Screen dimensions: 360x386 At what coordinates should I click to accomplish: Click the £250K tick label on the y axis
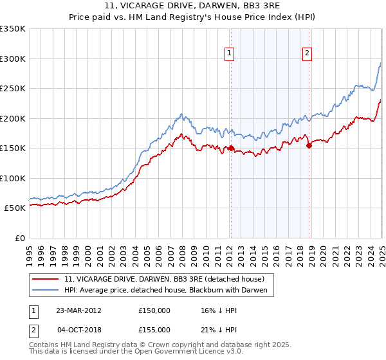[13, 89]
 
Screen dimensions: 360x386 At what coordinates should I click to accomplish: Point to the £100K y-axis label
[13, 178]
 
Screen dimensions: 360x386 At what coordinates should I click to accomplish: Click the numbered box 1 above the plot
[230, 53]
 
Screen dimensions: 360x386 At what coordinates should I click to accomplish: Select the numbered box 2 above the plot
[307, 53]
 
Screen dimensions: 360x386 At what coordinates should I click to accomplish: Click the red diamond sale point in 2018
[309, 145]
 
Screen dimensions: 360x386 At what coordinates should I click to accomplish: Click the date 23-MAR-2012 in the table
[78, 310]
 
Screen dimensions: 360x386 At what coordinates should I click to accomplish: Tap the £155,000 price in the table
[154, 330]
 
